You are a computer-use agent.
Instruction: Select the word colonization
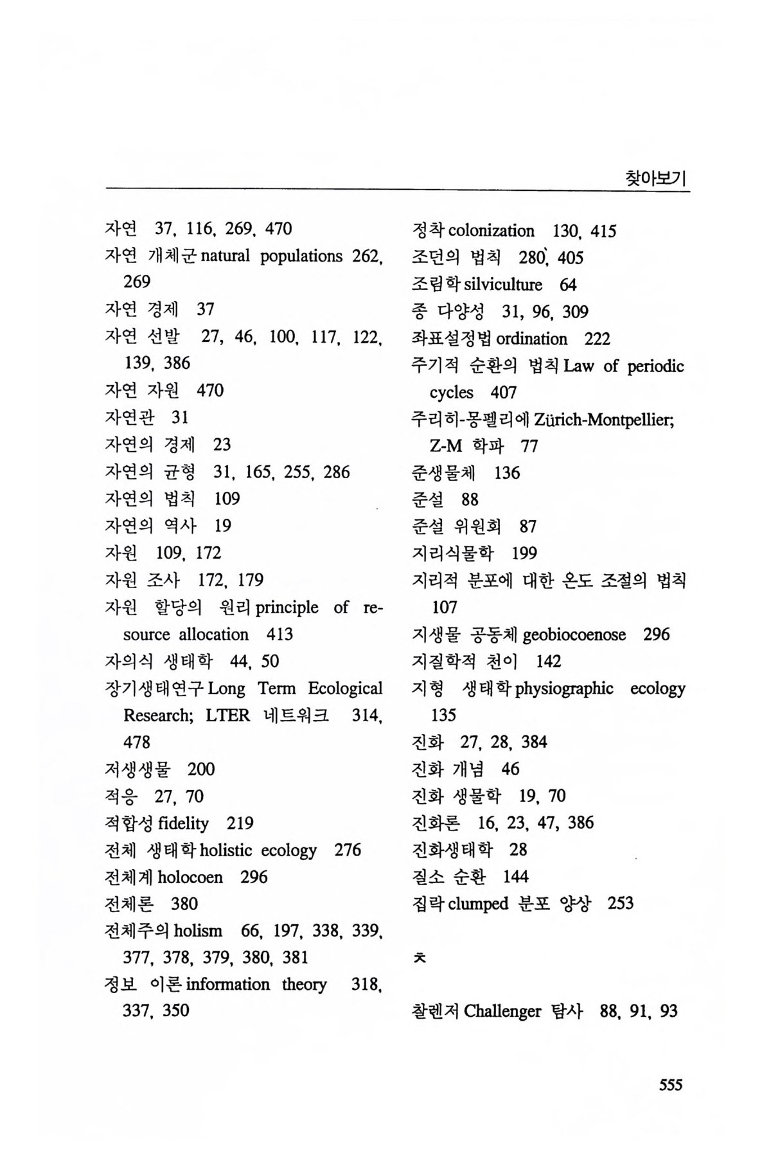pyautogui.click(x=491, y=231)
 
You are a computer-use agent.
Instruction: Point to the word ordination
pyautogui.click(x=531, y=339)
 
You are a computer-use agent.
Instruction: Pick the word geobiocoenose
pyautogui.click(x=574, y=635)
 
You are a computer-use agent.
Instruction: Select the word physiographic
pyautogui.click(x=564, y=688)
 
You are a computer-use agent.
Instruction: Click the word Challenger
pyautogui.click(x=502, y=1012)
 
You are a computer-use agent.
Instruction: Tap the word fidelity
pyautogui.click(x=183, y=823)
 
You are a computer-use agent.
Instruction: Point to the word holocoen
pyautogui.click(x=190, y=877)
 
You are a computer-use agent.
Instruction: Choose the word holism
pyautogui.click(x=198, y=931)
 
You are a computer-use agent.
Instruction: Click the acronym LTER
pyautogui.click(x=227, y=716)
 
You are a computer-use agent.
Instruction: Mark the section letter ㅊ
pyautogui.click(x=419, y=958)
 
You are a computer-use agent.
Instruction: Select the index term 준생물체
pyautogui.click(x=443, y=473)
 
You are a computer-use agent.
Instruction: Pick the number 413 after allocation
pyautogui.click(x=279, y=635)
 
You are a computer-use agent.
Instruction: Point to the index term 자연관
pyautogui.click(x=129, y=418)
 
